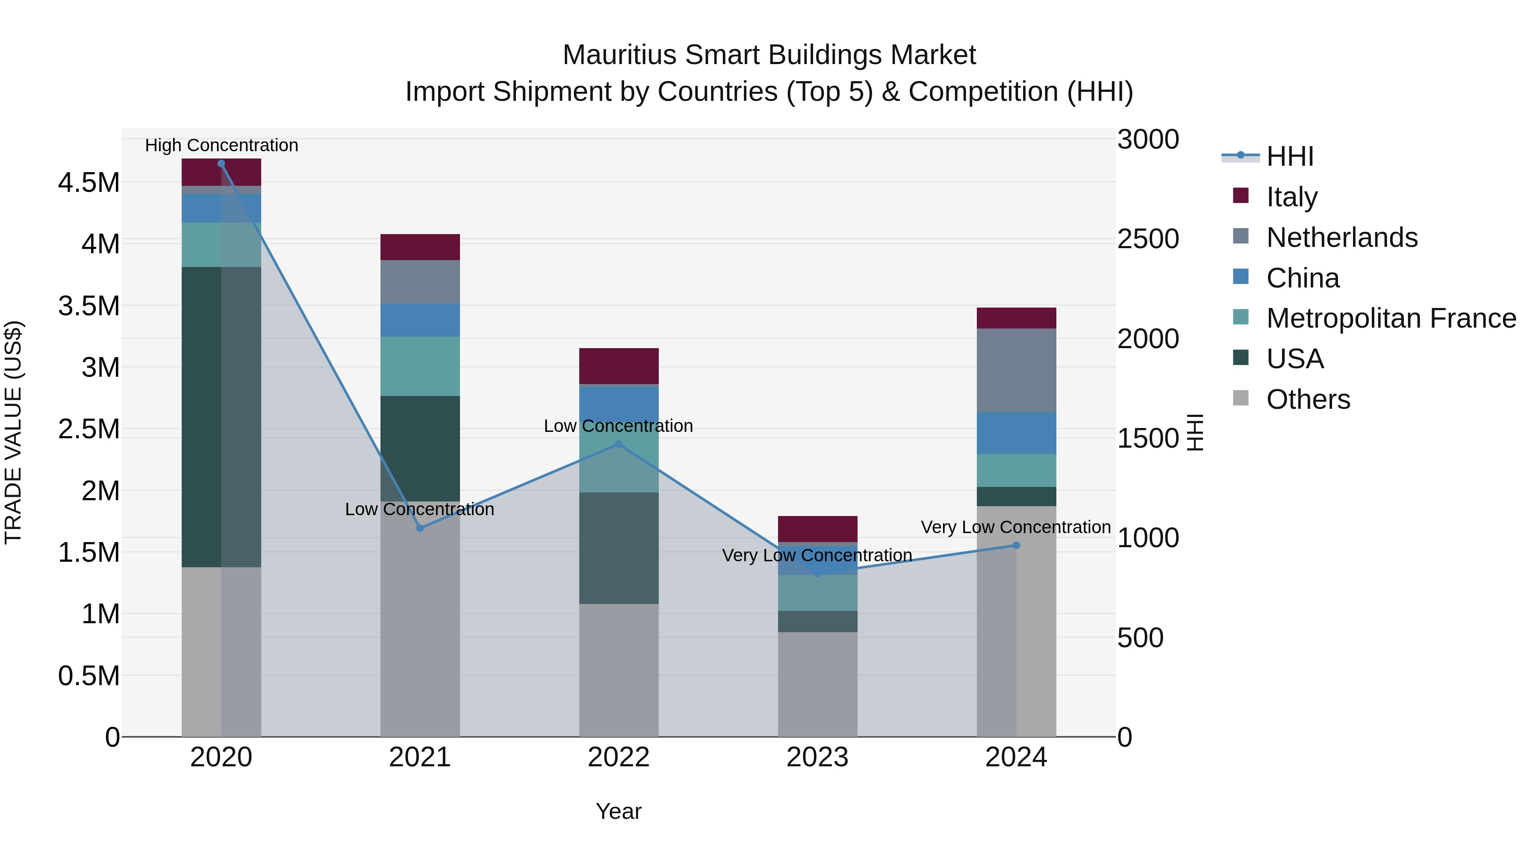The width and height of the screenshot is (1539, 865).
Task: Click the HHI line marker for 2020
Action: pyautogui.click(x=221, y=164)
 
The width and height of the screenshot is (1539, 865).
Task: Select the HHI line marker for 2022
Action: pyautogui.click(x=618, y=444)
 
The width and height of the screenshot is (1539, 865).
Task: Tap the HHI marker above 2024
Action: pyautogui.click(x=1016, y=545)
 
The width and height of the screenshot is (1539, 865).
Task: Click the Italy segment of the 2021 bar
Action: pyautogui.click(x=420, y=247)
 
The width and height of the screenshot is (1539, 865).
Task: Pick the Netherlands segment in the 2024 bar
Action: pyautogui.click(x=1016, y=370)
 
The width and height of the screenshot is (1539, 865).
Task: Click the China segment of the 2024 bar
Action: pyautogui.click(x=1016, y=433)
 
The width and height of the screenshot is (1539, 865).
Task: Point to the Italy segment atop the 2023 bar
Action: pyautogui.click(x=817, y=529)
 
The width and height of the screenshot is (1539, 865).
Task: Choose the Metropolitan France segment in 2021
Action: pyautogui.click(x=420, y=366)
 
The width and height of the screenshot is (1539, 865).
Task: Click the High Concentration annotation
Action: pyautogui.click(x=221, y=145)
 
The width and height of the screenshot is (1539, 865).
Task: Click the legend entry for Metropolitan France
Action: pyautogui.click(x=1391, y=318)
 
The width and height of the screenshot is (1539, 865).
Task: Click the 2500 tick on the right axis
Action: pyautogui.click(x=1148, y=239)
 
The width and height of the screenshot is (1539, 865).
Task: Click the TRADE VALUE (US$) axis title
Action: pyautogui.click(x=13, y=432)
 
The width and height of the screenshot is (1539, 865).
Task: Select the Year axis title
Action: pyautogui.click(x=618, y=811)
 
